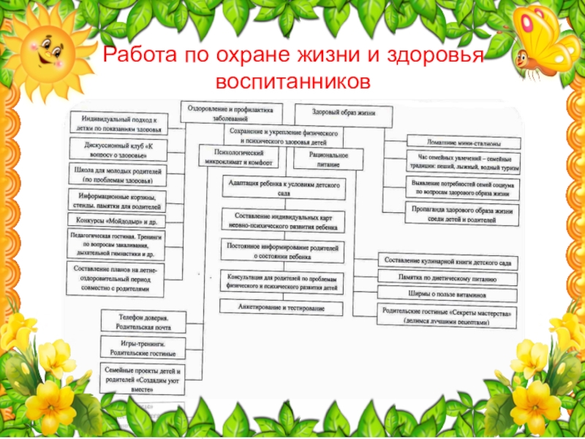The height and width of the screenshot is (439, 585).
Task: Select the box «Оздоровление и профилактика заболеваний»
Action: [230, 112]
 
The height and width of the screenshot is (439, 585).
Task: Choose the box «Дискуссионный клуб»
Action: [117, 151]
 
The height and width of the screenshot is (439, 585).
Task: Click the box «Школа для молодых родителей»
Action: [117, 175]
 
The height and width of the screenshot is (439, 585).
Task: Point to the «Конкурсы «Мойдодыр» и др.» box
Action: [117, 220]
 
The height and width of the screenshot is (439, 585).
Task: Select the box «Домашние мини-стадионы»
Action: [463, 143]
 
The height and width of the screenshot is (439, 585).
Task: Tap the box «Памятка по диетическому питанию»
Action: [448, 279]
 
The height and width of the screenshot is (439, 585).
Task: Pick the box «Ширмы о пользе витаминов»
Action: [448, 294]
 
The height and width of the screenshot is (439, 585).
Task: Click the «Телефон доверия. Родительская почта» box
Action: [144, 323]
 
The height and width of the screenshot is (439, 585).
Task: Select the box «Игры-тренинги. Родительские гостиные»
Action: [144, 347]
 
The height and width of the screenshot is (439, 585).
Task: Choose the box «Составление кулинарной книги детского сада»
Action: [448, 262]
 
